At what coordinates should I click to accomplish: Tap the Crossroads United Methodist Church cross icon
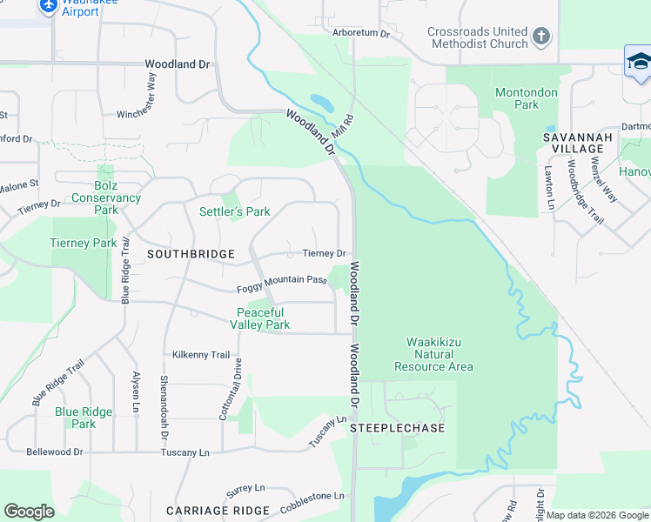[541, 37]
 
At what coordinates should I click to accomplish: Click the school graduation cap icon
[639, 62]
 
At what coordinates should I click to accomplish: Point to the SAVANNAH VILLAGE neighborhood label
[578, 144]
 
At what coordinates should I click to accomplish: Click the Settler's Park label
[235, 211]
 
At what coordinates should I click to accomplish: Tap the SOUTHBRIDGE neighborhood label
[191, 254]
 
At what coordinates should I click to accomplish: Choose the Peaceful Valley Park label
[259, 318]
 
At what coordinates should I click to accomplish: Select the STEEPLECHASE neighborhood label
[398, 428]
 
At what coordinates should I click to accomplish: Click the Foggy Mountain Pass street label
[281, 281]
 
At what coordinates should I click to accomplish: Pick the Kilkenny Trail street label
[201, 355]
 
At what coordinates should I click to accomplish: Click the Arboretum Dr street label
[361, 33]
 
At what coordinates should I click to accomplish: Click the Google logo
[29, 511]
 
